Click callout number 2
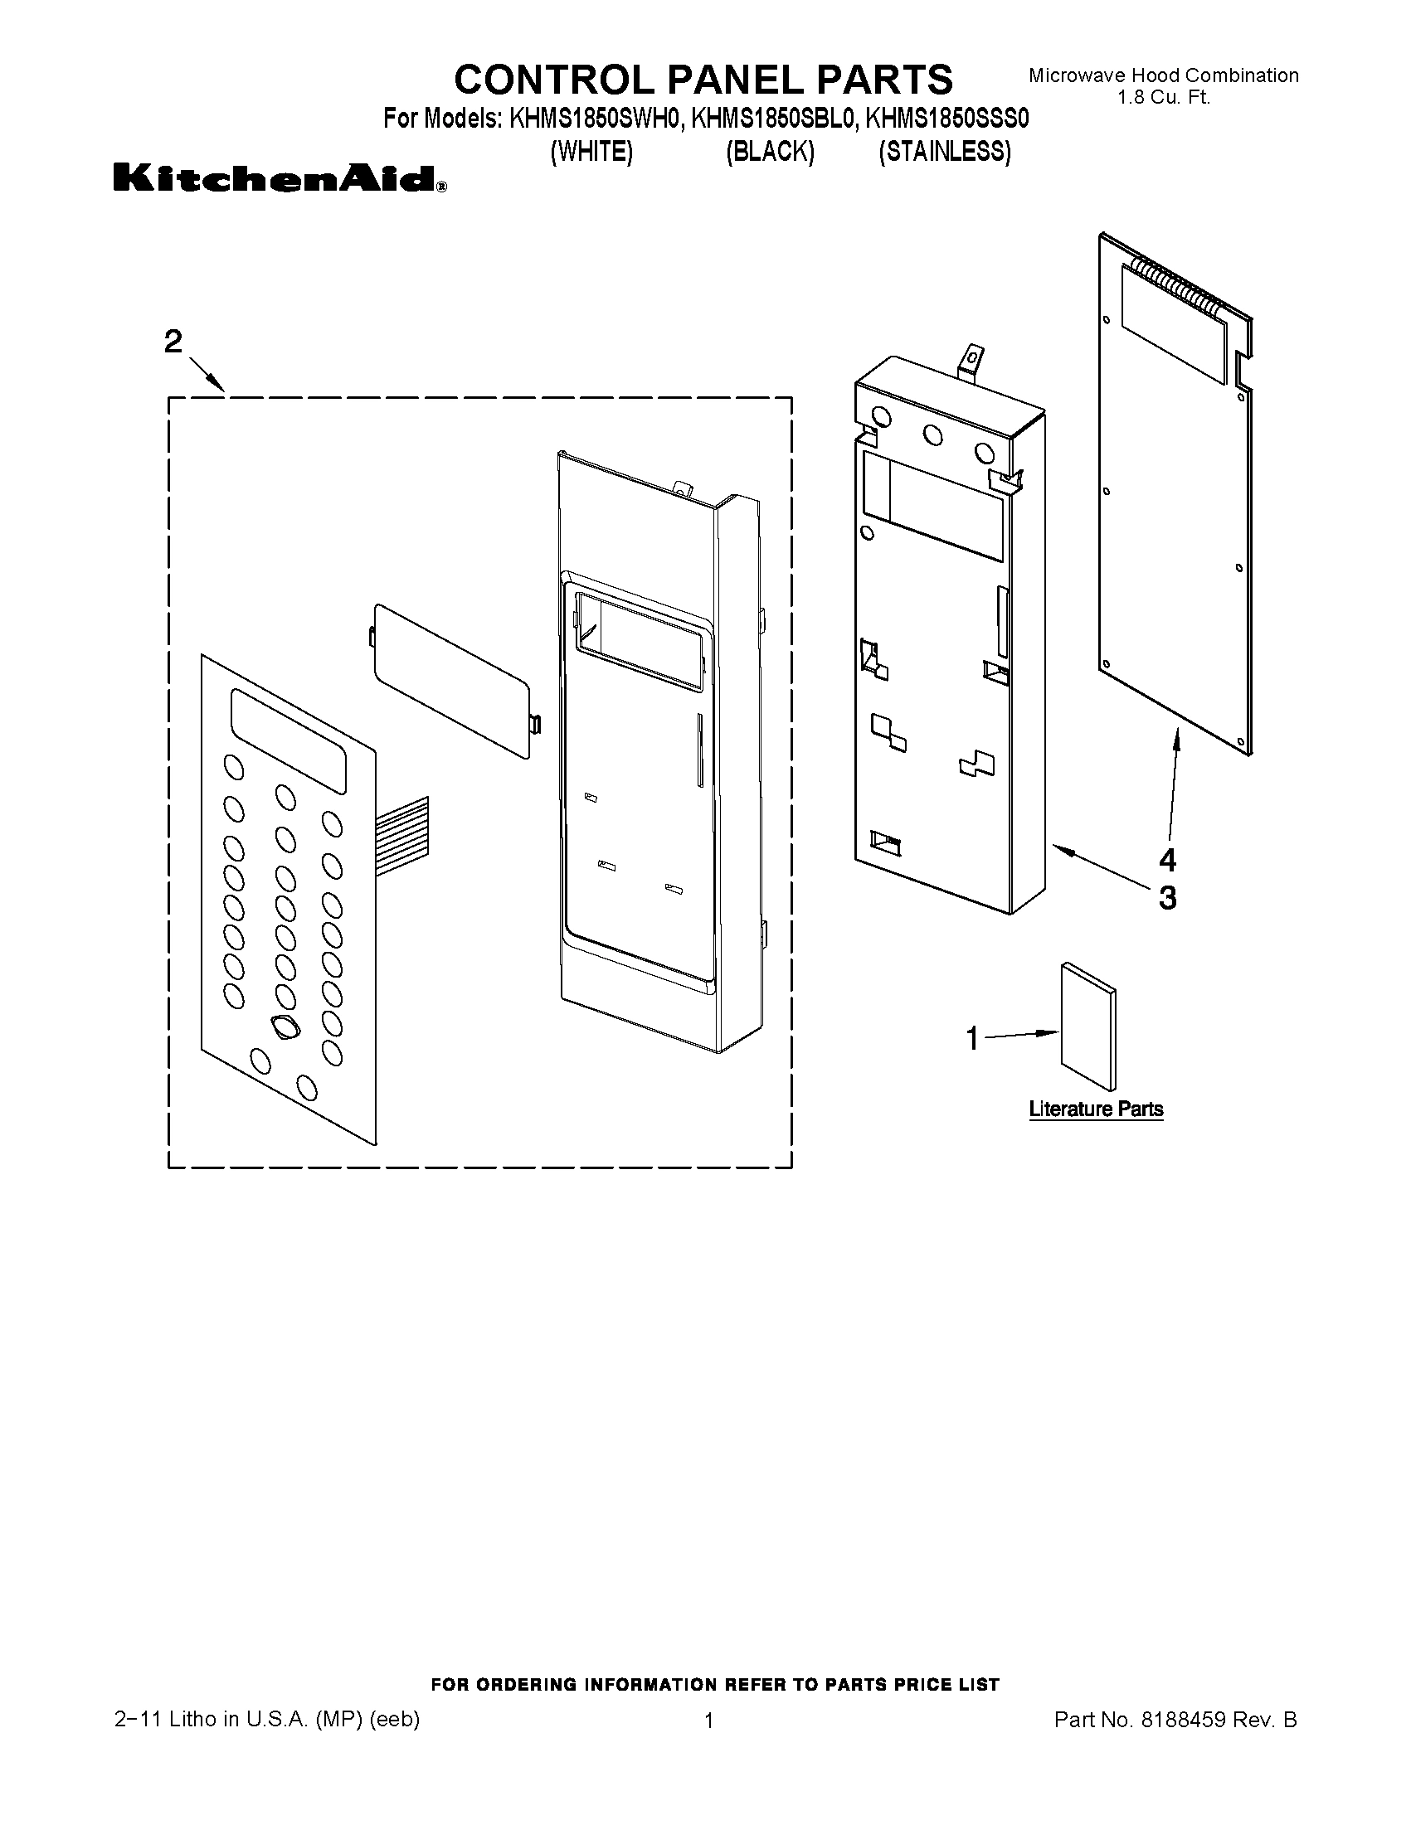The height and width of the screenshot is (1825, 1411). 173,342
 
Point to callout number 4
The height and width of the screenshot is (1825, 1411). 1167,859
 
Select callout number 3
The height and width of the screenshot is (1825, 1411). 1167,898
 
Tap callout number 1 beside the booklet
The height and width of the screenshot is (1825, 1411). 971,1039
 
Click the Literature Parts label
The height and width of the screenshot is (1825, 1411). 1096,1109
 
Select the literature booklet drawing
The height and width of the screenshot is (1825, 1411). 1087,1028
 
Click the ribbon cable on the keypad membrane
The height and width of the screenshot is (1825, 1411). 402,831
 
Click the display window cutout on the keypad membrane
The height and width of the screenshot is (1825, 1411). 289,740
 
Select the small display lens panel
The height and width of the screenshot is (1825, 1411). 450,681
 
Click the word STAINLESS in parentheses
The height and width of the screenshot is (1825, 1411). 945,151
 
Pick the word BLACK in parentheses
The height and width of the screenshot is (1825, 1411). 769,151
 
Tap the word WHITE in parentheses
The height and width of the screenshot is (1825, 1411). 591,151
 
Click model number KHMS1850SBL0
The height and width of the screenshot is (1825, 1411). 774,119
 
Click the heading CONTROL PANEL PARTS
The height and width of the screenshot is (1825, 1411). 703,80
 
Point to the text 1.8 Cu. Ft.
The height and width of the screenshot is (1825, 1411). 1164,97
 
